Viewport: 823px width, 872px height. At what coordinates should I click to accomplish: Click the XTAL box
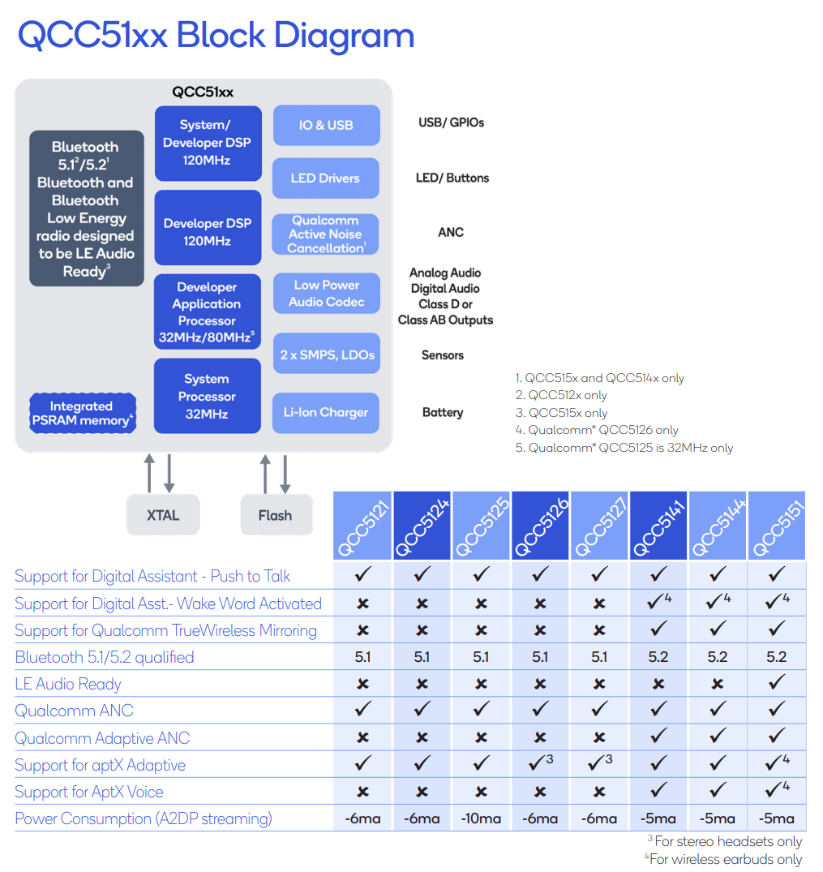[x=163, y=515]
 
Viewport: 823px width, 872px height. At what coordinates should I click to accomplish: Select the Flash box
[x=276, y=515]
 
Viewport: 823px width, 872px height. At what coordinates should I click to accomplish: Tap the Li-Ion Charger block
[x=326, y=413]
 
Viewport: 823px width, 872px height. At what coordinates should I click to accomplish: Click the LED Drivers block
[x=326, y=178]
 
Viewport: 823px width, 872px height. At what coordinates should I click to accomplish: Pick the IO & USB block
[x=326, y=125]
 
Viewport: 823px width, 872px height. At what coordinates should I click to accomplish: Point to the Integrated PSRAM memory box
[x=82, y=413]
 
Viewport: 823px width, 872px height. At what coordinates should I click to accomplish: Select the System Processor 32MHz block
[x=208, y=397]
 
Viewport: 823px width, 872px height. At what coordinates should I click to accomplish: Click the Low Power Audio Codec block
[x=326, y=294]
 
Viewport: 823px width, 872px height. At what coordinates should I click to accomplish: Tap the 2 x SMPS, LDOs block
[x=326, y=354]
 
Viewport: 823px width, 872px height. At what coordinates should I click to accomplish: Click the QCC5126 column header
[x=541, y=526]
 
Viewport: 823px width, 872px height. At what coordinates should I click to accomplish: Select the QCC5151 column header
[x=777, y=526]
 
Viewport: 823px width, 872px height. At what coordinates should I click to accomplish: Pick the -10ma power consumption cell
[x=481, y=818]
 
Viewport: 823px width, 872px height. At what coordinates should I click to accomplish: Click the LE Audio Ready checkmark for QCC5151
[x=777, y=683]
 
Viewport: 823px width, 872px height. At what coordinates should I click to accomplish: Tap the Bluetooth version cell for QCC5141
[x=658, y=657]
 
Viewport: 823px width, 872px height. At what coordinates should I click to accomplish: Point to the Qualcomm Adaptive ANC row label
[x=102, y=738]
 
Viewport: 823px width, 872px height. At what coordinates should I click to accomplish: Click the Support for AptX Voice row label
[x=89, y=792]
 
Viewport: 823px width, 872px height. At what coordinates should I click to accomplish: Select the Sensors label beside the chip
[x=443, y=355]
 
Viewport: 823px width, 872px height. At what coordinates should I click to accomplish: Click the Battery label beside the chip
[x=443, y=413]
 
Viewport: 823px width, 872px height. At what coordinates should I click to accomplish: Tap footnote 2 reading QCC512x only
[x=561, y=395]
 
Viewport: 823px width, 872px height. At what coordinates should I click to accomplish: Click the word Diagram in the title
[x=344, y=36]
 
